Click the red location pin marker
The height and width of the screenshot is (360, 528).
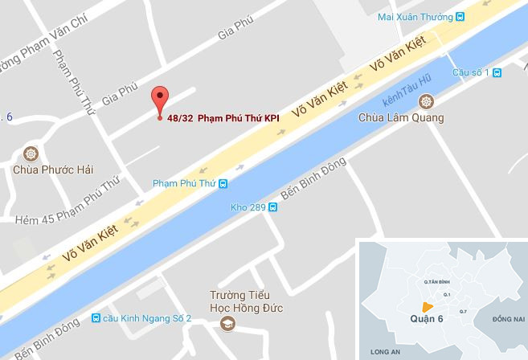pyautogui.click(x=159, y=99)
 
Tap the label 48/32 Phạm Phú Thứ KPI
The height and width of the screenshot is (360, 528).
pyautogui.click(x=223, y=117)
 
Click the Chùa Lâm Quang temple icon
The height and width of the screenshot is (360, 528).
pyautogui.click(x=425, y=102)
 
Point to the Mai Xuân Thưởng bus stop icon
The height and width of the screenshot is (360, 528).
pyautogui.click(x=460, y=17)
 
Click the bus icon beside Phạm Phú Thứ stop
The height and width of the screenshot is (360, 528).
pyautogui.click(x=223, y=183)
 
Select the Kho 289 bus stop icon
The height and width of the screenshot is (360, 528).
pyautogui.click(x=273, y=207)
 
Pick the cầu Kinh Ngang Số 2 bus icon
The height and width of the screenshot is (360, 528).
pyautogui.click(x=96, y=317)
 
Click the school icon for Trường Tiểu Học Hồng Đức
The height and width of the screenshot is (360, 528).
pyautogui.click(x=227, y=323)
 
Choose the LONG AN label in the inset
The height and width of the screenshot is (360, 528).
pyautogui.click(x=382, y=351)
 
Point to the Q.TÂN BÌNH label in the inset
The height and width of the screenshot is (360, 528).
pyautogui.click(x=427, y=282)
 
